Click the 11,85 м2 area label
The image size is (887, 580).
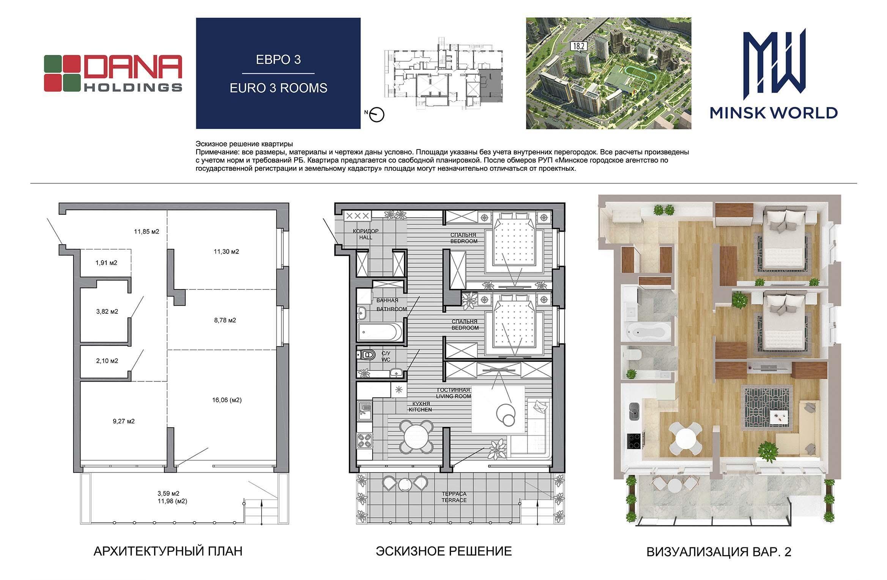point(147,231)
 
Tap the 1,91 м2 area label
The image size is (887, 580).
point(106,263)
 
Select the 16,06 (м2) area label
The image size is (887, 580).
point(227,400)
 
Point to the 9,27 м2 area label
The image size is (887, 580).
point(124,421)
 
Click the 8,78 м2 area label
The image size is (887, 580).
point(225,320)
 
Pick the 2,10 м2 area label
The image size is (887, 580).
point(107,361)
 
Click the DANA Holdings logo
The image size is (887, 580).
point(113,73)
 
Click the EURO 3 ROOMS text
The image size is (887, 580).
point(278,88)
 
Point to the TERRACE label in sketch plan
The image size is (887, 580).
point(454,500)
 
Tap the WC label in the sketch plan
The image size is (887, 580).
point(386,359)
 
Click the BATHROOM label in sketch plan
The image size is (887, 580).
point(392,309)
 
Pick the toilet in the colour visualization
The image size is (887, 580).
point(633,355)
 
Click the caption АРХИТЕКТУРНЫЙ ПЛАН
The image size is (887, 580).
point(168,551)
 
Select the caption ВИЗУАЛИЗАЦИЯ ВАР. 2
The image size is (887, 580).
point(719,552)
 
